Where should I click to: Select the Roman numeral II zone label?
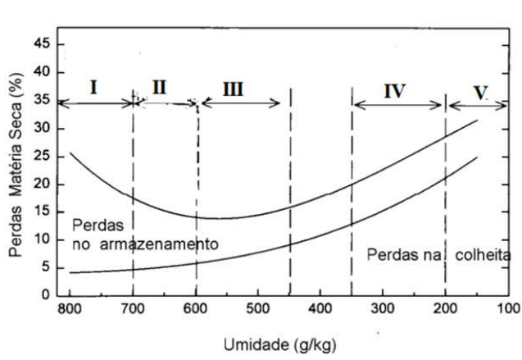[x=160, y=87]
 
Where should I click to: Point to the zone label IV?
[x=394, y=90]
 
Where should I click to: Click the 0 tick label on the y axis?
[x=49, y=295]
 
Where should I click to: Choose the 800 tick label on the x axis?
[x=70, y=309]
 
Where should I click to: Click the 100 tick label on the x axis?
[x=509, y=309]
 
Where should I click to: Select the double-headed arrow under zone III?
[x=240, y=103]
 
